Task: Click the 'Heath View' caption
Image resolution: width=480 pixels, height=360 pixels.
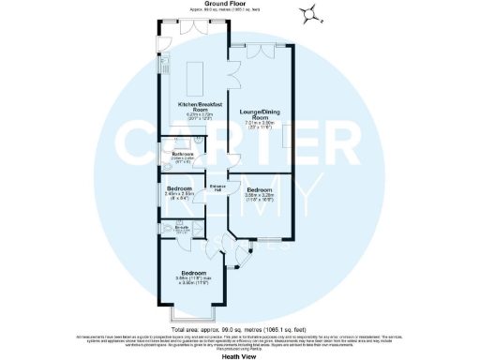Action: (x=239, y=355)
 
